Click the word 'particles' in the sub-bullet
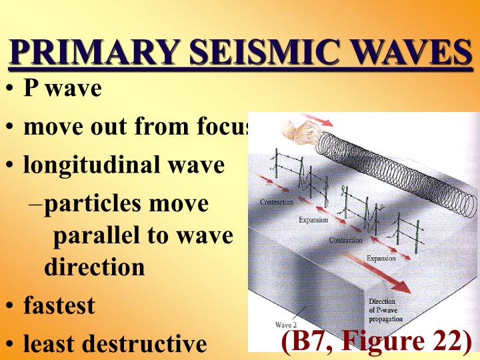tap(92, 203)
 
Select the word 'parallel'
tap(99, 235)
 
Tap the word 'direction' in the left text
tap(94, 267)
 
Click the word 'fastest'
tap(59, 306)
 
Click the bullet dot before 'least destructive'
tap(9, 345)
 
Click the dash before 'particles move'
tap(37, 204)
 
